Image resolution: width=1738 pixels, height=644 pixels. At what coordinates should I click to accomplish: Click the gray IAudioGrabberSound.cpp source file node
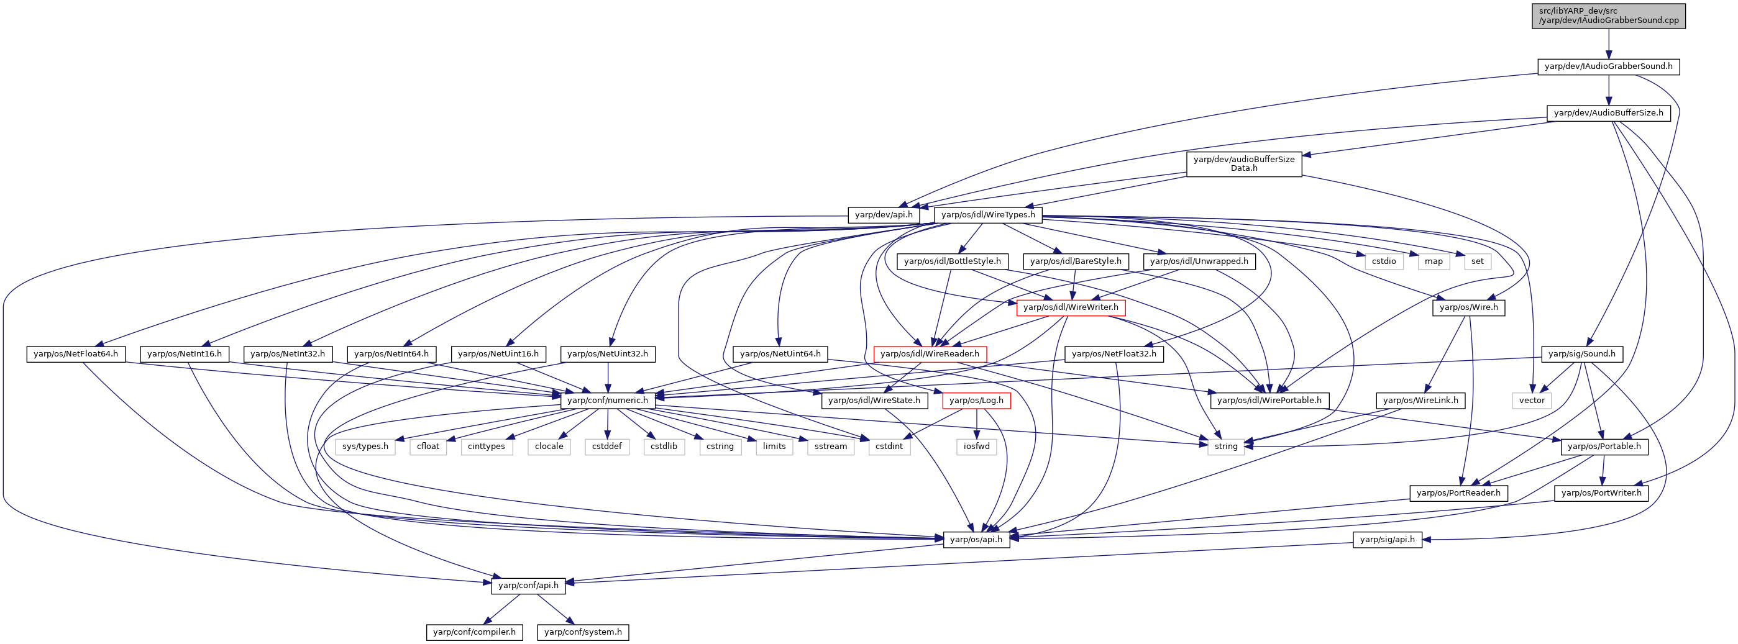1609,16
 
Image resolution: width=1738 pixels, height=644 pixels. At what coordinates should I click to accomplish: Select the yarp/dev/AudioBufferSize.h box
1609,112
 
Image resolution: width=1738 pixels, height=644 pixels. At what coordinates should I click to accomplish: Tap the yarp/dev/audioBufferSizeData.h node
1243,164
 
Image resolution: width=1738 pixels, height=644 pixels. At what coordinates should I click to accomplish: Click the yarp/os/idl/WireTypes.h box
988,215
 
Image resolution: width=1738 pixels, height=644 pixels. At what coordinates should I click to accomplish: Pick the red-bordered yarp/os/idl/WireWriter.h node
1071,307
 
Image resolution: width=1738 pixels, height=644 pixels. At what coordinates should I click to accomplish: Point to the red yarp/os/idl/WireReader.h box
930,354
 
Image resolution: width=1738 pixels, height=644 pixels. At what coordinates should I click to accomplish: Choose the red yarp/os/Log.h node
976,401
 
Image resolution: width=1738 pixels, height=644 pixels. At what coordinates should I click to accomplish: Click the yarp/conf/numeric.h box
607,401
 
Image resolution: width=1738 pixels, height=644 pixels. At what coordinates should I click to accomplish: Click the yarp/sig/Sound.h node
1581,354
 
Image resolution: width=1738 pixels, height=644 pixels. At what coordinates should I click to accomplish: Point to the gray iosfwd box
976,447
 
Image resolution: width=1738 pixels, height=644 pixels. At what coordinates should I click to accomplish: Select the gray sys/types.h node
365,447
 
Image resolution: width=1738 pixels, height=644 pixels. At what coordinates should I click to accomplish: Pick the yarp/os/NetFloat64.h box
76,354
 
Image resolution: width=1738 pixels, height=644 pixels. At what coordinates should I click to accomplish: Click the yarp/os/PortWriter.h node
1601,493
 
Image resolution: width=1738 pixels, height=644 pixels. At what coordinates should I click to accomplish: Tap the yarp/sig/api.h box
1387,540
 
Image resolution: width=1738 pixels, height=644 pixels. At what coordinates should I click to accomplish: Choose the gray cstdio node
1384,261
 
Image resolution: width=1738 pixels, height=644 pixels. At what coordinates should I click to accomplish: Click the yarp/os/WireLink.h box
1420,401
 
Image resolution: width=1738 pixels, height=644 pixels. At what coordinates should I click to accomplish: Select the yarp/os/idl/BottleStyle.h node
953,261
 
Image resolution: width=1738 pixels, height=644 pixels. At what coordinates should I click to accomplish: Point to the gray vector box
1532,401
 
